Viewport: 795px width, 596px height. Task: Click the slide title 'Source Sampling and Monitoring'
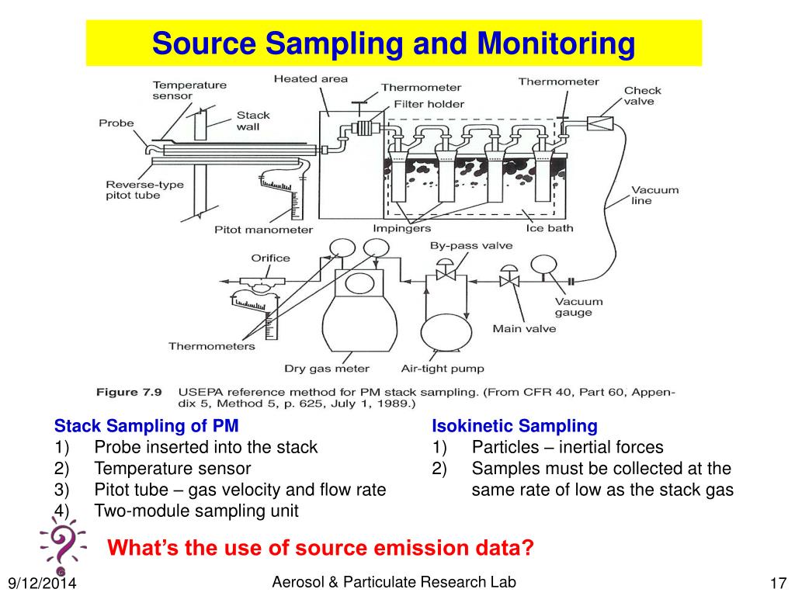point(393,43)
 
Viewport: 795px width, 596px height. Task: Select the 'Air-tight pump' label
point(443,369)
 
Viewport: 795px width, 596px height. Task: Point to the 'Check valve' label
point(644,96)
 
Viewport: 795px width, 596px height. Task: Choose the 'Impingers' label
point(401,228)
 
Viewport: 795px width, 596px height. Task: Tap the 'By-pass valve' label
point(471,245)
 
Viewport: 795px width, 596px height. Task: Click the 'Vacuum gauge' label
point(573,307)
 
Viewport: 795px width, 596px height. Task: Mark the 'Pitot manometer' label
point(263,229)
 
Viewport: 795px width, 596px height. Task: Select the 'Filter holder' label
point(429,103)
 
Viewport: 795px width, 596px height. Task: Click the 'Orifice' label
point(270,258)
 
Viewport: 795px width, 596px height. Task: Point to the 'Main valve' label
point(524,328)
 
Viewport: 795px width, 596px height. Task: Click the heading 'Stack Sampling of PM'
point(146,426)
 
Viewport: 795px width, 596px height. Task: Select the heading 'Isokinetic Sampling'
point(515,426)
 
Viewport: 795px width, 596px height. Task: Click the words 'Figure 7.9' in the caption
point(128,392)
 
